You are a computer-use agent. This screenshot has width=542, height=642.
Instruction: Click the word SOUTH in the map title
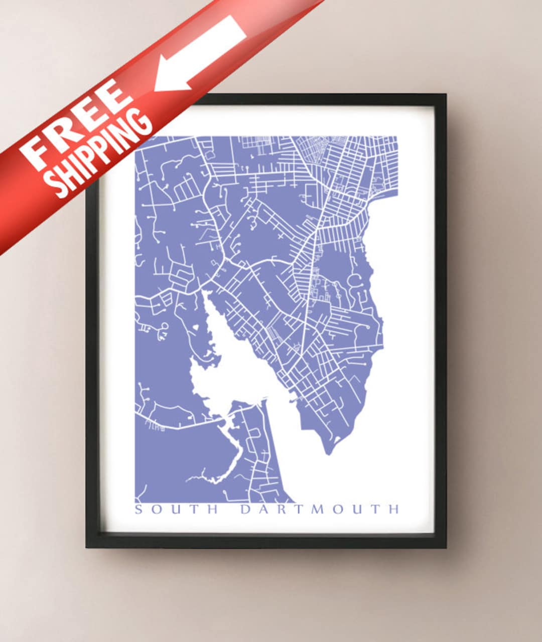[177, 510]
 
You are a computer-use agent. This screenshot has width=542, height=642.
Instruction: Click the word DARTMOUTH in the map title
[319, 510]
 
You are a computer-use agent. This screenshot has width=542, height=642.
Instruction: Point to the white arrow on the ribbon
[201, 53]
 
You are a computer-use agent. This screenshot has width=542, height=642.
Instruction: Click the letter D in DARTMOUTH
[245, 510]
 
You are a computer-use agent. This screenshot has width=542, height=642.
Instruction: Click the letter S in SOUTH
[139, 510]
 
